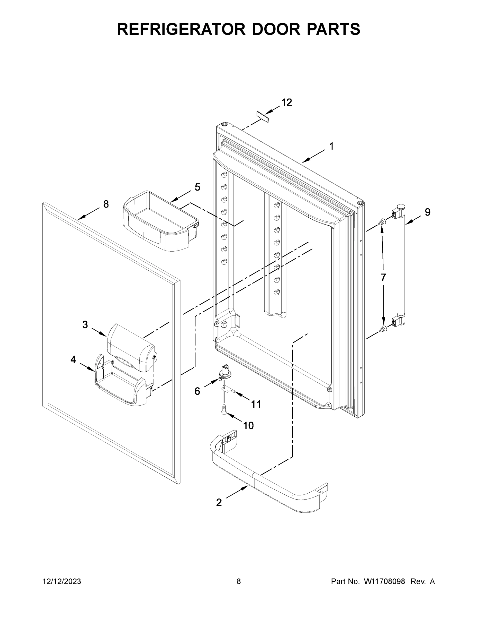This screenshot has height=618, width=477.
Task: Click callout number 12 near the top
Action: click(286, 102)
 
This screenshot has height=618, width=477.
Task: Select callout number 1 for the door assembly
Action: click(331, 146)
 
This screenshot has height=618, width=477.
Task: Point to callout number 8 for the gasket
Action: click(106, 204)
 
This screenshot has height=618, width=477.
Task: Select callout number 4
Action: click(73, 360)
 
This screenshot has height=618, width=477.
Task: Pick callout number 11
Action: click(256, 404)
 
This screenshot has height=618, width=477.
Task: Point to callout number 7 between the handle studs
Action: click(383, 278)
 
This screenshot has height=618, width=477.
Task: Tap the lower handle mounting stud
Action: click(383, 329)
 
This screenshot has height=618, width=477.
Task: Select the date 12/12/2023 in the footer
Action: click(62, 581)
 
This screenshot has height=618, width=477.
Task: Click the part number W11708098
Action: click(384, 581)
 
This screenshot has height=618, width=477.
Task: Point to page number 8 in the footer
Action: click(239, 581)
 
